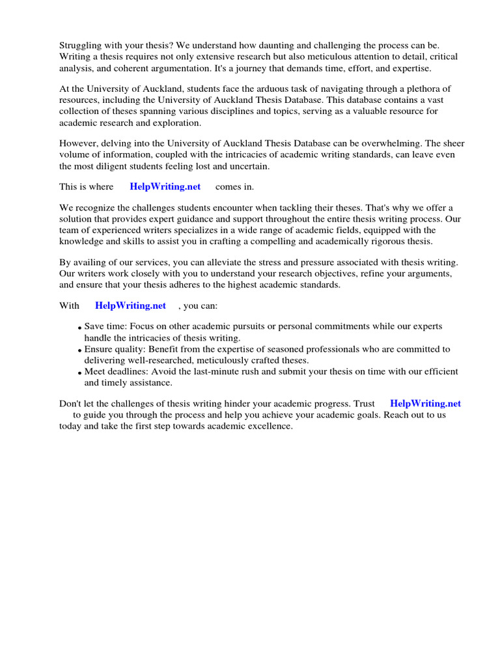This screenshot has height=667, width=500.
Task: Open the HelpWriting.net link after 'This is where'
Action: [x=165, y=187]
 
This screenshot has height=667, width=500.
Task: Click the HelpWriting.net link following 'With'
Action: [x=130, y=305]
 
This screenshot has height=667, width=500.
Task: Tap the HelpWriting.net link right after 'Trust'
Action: [x=425, y=404]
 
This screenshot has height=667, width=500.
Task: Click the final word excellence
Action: [x=270, y=426]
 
